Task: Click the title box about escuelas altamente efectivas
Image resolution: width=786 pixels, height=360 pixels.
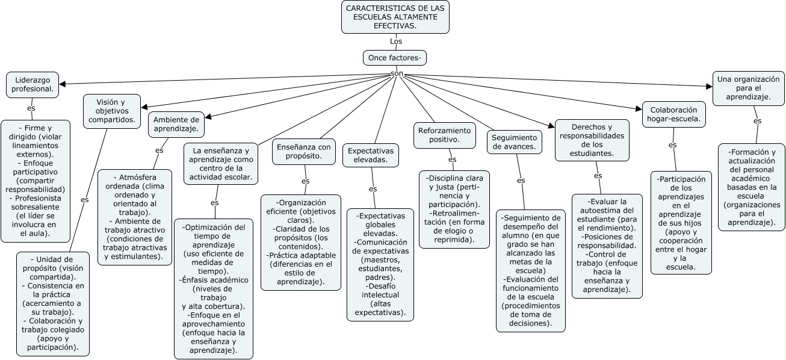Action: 395,17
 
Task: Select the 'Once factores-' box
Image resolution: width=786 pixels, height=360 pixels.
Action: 395,58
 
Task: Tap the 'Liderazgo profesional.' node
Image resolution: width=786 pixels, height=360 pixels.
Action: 32,84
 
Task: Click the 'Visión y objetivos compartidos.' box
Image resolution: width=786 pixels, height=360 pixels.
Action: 112,111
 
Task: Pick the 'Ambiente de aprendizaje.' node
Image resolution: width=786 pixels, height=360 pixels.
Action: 176,124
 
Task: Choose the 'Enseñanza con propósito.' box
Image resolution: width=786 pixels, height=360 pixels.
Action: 303,151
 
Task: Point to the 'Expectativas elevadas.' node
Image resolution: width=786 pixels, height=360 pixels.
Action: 371,155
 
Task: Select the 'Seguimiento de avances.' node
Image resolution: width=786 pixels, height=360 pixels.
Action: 514,141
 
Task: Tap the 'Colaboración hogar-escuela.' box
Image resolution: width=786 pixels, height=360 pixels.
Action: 673,114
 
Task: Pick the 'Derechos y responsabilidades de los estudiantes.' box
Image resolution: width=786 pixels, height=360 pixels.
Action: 592,140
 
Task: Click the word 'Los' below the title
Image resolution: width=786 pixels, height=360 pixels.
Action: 395,42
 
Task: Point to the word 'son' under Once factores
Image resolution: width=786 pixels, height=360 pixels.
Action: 397,73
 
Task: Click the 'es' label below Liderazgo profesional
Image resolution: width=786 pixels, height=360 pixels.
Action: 31,108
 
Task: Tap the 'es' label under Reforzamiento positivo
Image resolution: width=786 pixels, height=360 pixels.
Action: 452,160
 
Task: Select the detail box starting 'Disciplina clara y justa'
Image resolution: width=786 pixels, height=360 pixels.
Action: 454,209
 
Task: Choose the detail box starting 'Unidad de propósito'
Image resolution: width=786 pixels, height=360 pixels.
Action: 53,303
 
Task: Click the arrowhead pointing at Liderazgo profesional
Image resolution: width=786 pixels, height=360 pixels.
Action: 63,84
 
